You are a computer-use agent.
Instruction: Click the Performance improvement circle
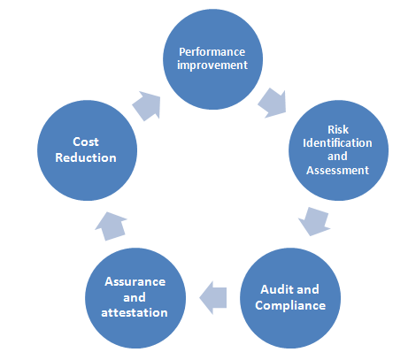[x=212, y=59]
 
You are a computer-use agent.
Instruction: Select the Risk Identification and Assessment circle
[x=338, y=150]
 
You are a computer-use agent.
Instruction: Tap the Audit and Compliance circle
[x=290, y=298]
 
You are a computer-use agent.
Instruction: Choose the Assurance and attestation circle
[x=135, y=298]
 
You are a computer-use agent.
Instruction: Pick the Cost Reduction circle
[x=88, y=150]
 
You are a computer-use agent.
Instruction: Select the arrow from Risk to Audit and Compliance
[x=314, y=221]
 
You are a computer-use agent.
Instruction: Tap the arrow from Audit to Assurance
[x=213, y=298]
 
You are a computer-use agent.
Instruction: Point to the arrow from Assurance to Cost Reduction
[x=111, y=226]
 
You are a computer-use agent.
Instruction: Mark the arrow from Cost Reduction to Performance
[x=147, y=105]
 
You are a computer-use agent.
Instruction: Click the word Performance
[x=212, y=52]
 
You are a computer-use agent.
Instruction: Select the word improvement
[x=212, y=65]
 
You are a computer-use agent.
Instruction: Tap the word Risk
[x=338, y=129]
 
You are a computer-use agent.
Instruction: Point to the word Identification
[x=337, y=143]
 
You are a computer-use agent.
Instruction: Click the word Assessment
[x=338, y=170]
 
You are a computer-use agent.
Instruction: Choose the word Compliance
[x=290, y=305]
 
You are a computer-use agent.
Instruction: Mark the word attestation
[x=135, y=312]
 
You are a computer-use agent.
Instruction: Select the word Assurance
[x=135, y=281]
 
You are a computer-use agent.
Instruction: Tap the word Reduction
[x=86, y=157]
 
